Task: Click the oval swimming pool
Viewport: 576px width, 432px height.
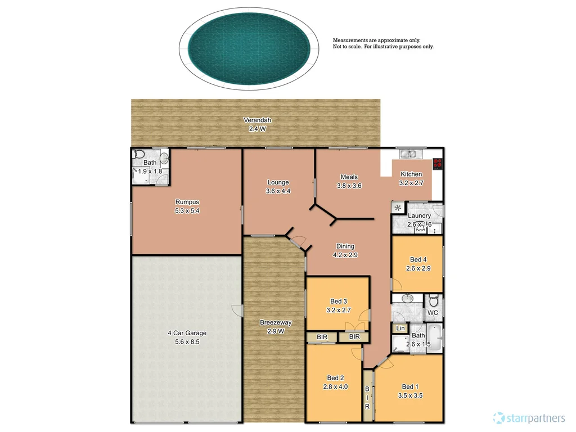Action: coord(248,47)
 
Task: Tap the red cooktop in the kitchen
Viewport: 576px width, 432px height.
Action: coord(438,164)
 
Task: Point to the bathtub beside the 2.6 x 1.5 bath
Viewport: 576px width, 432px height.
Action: coord(434,338)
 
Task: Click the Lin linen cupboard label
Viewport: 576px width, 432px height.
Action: coord(400,328)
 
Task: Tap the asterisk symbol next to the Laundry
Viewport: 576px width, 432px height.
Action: coord(398,208)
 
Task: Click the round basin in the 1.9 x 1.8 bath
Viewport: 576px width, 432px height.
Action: coord(164,157)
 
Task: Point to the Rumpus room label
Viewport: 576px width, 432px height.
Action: coord(187,202)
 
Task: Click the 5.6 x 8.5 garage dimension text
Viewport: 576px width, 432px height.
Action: coord(187,341)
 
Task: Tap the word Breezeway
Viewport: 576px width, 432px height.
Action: coord(276,322)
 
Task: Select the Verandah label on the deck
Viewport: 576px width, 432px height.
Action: coord(258,120)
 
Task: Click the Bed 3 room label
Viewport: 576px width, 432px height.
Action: coord(338,301)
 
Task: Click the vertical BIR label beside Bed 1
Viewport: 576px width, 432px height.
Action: coord(367,397)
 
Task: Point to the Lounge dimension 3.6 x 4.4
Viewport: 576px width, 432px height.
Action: coord(278,191)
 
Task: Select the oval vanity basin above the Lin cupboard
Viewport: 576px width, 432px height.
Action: coord(408,299)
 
